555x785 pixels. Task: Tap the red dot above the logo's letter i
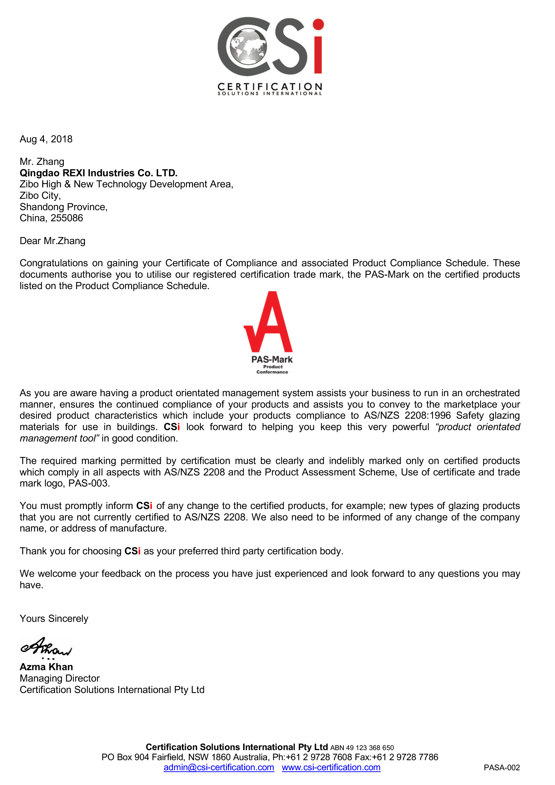pyautogui.click(x=318, y=25)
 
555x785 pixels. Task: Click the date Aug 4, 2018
pyautogui.click(x=46, y=139)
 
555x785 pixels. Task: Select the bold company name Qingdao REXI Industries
pyautogui.click(x=98, y=173)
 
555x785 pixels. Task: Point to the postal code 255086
pyautogui.click(x=67, y=218)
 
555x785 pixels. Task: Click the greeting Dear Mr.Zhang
pyautogui.click(x=53, y=241)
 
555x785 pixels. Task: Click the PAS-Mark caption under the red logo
pyautogui.click(x=272, y=360)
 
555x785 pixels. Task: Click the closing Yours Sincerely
pyautogui.click(x=54, y=619)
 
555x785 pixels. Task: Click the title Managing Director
pyautogui.click(x=60, y=678)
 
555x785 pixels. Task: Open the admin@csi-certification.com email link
pyautogui.click(x=219, y=768)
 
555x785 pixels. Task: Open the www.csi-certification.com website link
pyautogui.click(x=331, y=768)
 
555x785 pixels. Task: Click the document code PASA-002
pyautogui.click(x=502, y=768)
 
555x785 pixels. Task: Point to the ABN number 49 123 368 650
pyautogui.click(x=370, y=748)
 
